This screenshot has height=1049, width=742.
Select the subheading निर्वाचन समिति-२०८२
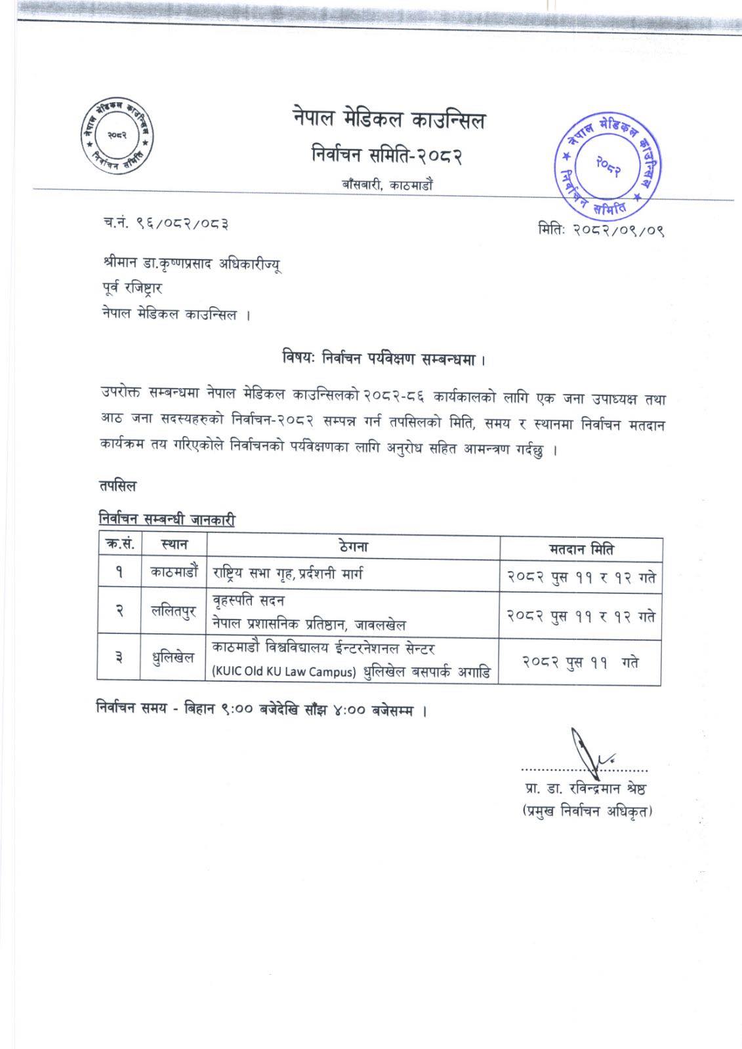pyautogui.click(x=388, y=156)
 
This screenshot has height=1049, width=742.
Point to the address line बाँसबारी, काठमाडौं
pyautogui.click(x=386, y=186)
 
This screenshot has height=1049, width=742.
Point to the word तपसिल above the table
pyautogui.click(x=117, y=486)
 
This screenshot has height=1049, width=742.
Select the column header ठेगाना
pyautogui.click(x=353, y=545)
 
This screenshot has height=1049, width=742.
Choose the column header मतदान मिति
pyautogui.click(x=581, y=549)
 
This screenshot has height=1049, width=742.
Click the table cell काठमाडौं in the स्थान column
pyautogui.click(x=174, y=572)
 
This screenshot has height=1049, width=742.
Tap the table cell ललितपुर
pyautogui.click(x=174, y=612)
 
